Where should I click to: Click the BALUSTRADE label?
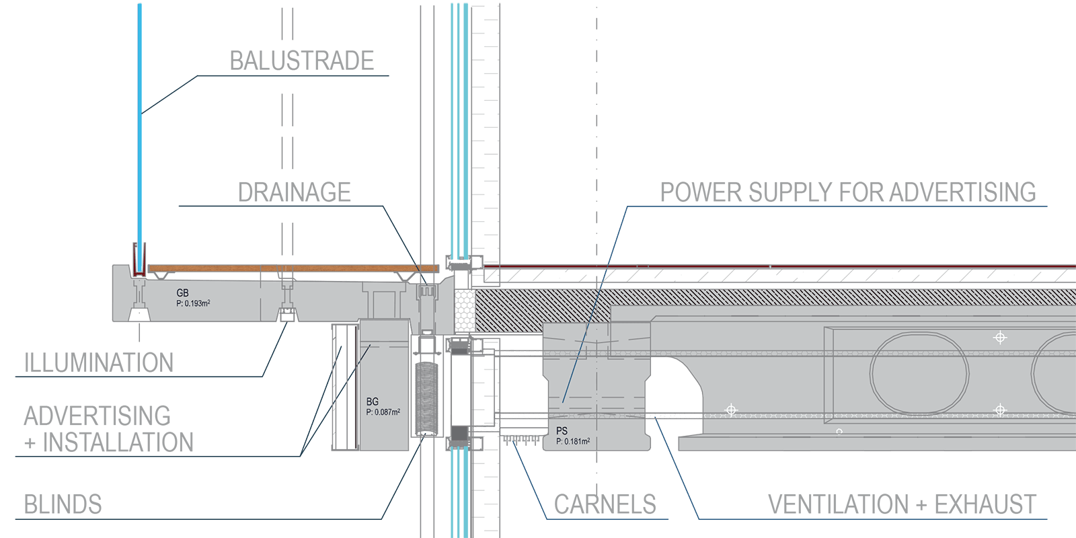(302, 61)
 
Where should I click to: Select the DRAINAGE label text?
(294, 192)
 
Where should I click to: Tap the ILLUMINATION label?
(98, 362)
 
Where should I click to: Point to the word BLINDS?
(63, 504)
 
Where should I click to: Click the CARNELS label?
(605, 504)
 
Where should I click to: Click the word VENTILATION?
(838, 504)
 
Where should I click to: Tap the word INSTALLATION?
(118, 443)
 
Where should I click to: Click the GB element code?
(182, 293)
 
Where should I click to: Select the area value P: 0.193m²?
(193, 303)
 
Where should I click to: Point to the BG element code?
(373, 401)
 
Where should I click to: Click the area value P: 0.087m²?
(383, 412)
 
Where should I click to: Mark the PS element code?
(562, 431)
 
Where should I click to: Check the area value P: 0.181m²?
(573, 441)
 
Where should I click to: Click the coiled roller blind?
(426, 399)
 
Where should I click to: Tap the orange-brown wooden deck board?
(293, 268)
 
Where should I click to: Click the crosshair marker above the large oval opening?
(1000, 338)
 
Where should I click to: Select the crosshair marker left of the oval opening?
(731, 410)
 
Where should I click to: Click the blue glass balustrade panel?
(140, 137)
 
